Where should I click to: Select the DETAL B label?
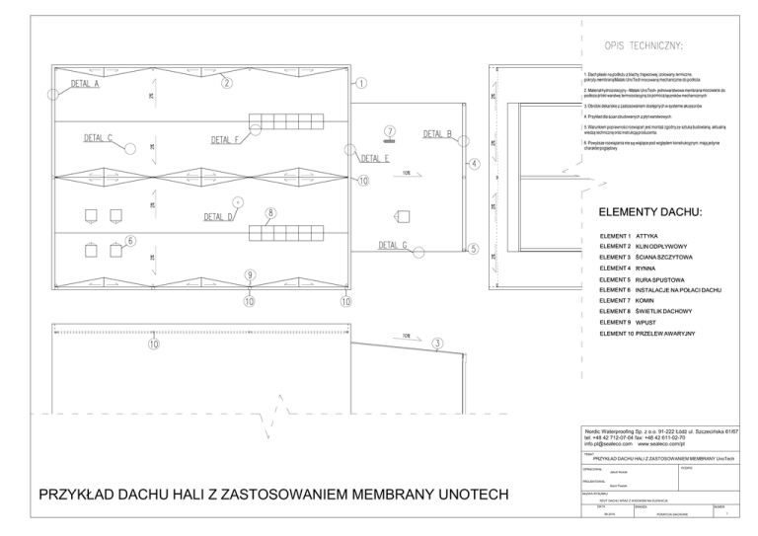pos(438,134)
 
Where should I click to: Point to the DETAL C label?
pos(98,137)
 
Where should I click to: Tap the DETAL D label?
pos(219,217)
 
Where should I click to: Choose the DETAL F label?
pos(225,140)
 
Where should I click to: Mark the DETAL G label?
pos(393,245)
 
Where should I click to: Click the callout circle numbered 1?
pos(361,84)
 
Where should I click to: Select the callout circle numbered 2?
pos(226,84)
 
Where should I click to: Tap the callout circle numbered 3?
pos(436,344)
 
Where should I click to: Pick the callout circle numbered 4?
pos(473,163)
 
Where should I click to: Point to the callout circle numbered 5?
pos(473,249)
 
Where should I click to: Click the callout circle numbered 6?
pos(130,240)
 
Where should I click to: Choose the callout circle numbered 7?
pos(390,130)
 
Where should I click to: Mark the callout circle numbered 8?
pos(269,212)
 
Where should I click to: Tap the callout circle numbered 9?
pos(250,274)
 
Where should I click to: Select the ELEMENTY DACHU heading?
pos(649,213)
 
